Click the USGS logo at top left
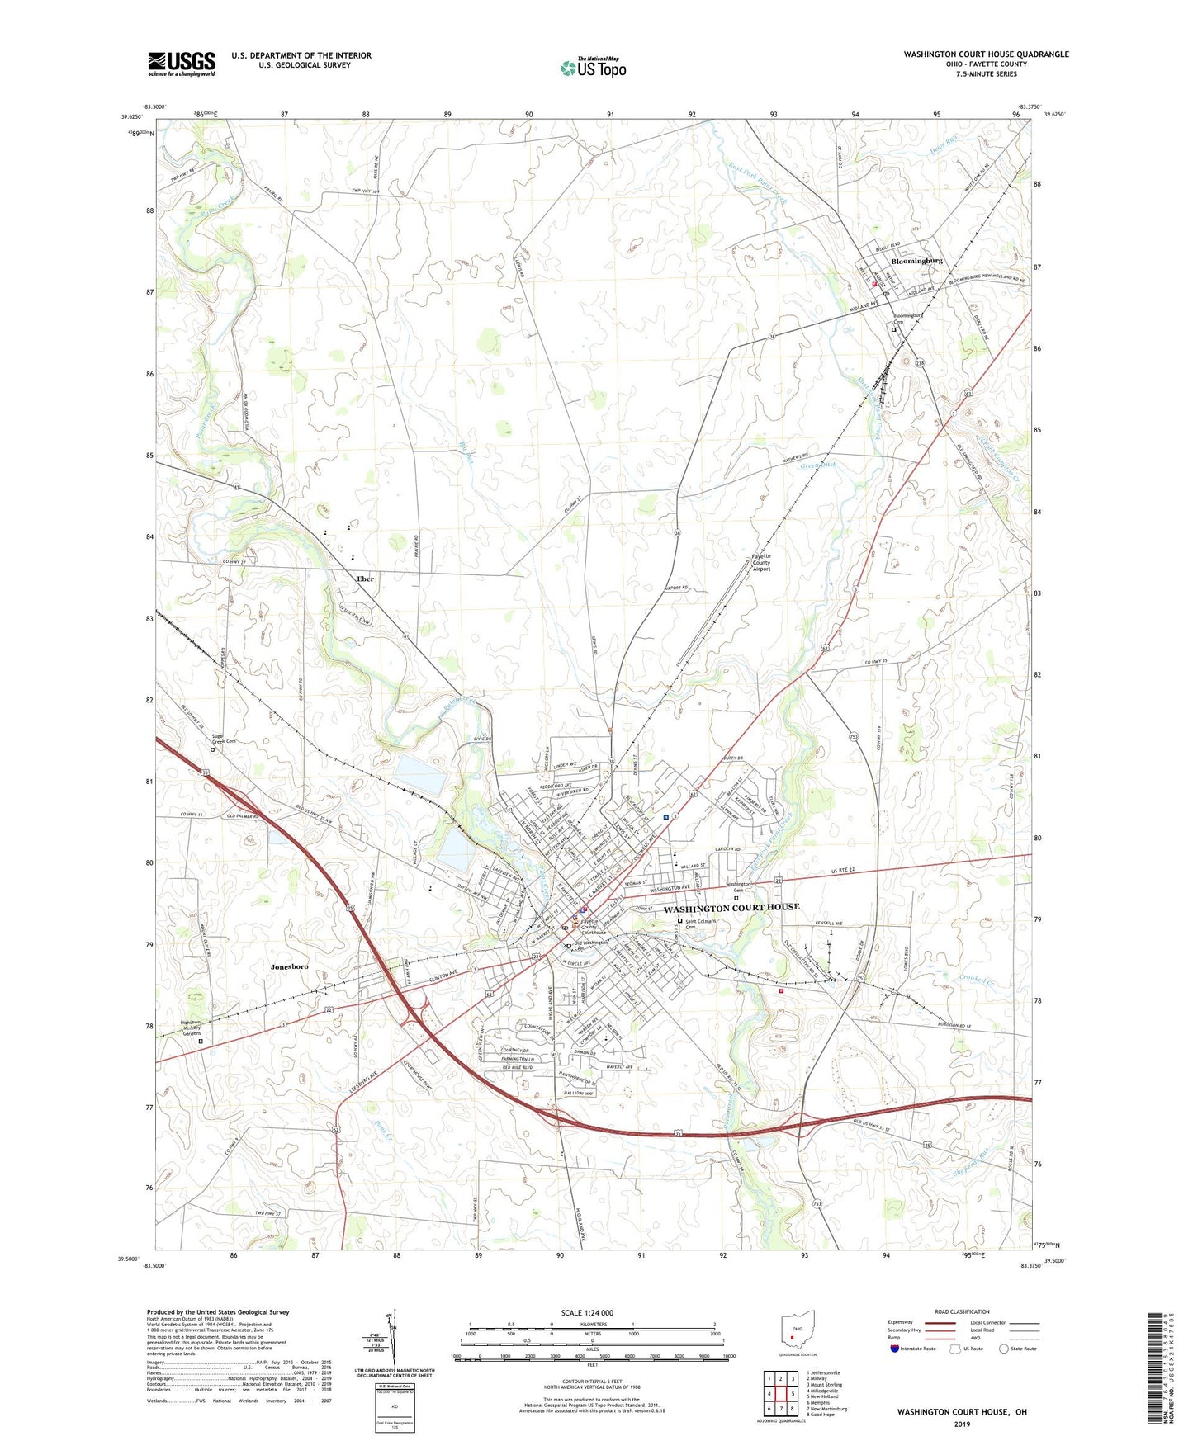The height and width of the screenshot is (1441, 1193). click(182, 64)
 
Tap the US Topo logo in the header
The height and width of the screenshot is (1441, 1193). click(593, 68)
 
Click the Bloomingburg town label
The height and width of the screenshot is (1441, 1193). click(916, 261)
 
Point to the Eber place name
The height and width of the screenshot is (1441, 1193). click(365, 579)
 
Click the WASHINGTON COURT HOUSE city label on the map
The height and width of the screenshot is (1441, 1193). click(731, 907)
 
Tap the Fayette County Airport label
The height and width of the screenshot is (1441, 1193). click(761, 562)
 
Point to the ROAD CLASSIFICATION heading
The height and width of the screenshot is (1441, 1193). click(962, 1311)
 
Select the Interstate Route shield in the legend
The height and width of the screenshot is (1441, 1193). click(895, 1349)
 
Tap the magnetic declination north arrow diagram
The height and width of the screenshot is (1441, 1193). click(393, 1341)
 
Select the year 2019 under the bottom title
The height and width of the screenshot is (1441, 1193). click(961, 1424)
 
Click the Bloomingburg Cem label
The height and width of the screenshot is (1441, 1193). click(907, 319)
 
